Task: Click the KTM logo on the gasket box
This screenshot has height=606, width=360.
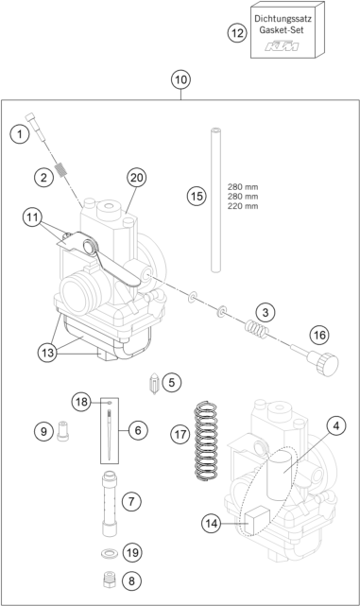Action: click(282, 46)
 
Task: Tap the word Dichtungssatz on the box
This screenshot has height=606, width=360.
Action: click(283, 18)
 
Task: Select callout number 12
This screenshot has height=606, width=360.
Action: click(237, 33)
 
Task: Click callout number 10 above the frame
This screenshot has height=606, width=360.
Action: click(180, 79)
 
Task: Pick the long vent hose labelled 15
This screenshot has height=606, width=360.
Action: click(215, 199)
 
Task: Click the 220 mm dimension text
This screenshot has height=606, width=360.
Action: click(243, 206)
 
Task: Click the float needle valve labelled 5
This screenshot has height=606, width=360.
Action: click(155, 383)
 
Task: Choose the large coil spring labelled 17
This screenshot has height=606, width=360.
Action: click(206, 441)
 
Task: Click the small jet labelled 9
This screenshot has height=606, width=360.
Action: click(63, 431)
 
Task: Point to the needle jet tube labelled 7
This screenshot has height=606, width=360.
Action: click(110, 503)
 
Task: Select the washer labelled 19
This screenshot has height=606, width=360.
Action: click(110, 554)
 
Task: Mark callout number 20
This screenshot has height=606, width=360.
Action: click(136, 178)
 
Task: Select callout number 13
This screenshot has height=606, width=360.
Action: click(47, 353)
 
